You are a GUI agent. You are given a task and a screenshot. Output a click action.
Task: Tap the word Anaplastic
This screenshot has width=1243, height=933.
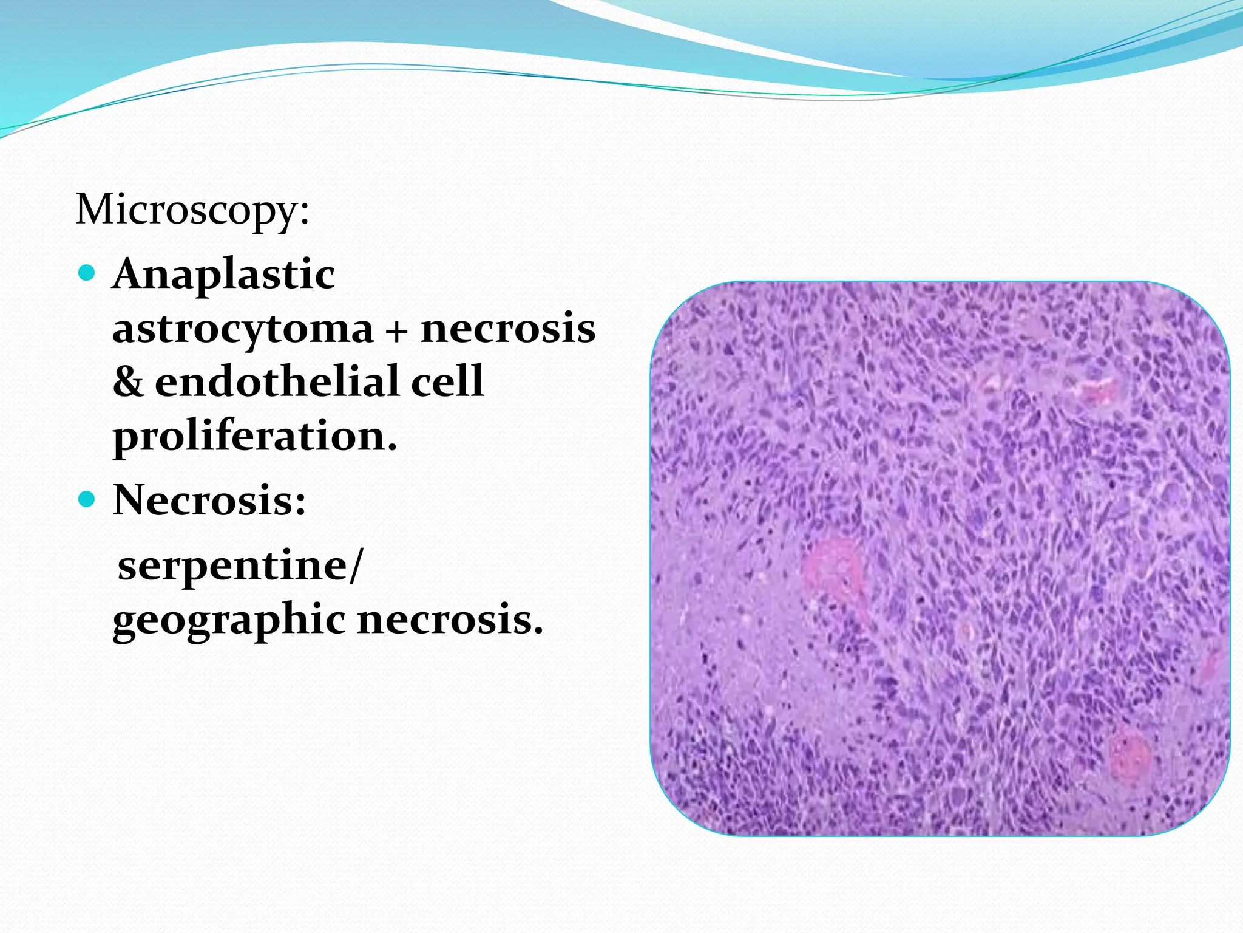[x=223, y=274]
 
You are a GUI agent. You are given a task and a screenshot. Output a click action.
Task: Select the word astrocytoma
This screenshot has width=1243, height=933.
[x=243, y=329]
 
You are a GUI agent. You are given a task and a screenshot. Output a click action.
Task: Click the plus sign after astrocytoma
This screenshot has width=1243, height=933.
[x=396, y=331]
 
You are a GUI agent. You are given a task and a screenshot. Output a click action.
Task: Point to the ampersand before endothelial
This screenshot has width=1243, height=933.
[x=128, y=382]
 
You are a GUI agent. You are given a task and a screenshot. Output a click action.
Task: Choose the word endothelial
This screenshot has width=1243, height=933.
[x=276, y=382]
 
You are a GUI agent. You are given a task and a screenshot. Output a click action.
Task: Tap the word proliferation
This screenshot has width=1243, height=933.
[x=255, y=436]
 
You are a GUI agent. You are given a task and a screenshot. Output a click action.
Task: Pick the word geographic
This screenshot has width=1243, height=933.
[x=229, y=621]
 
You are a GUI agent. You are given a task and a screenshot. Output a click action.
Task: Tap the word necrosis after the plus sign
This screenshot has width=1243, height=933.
[x=508, y=329]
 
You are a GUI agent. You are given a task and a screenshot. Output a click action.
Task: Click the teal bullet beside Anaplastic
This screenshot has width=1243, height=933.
[x=87, y=273]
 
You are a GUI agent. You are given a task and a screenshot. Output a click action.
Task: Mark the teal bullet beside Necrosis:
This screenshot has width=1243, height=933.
[x=87, y=499]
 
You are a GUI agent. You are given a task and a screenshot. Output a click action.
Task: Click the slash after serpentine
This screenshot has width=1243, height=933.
[x=355, y=566]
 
